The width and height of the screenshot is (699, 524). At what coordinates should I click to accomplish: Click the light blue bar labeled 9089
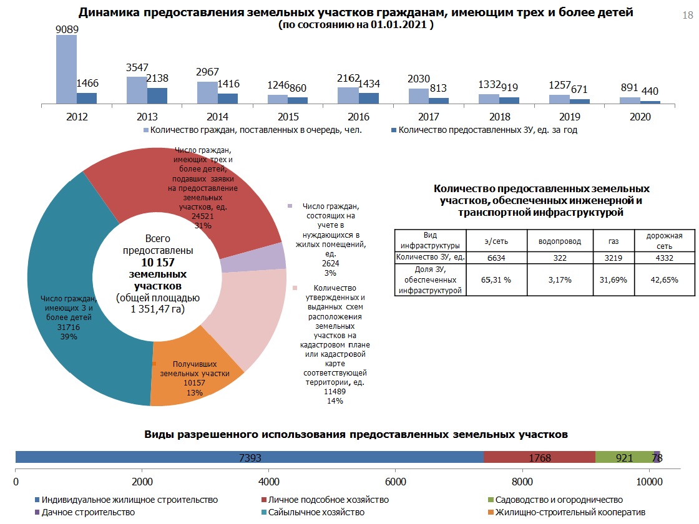pyautogui.click(x=66, y=69)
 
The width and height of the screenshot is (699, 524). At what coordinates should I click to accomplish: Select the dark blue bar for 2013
pyautogui.click(x=157, y=95)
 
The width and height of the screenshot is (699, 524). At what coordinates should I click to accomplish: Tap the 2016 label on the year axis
pyautogui.click(x=359, y=117)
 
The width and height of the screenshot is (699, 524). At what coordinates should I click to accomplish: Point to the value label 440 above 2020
pyautogui.click(x=650, y=91)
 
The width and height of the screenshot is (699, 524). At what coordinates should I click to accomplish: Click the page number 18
pyautogui.click(x=688, y=16)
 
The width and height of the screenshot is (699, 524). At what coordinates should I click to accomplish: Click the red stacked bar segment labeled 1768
pyautogui.click(x=539, y=457)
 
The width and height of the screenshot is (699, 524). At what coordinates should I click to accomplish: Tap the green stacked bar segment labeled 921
pyautogui.click(x=624, y=457)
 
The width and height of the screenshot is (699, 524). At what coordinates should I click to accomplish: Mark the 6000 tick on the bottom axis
pyautogui.click(x=395, y=482)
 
